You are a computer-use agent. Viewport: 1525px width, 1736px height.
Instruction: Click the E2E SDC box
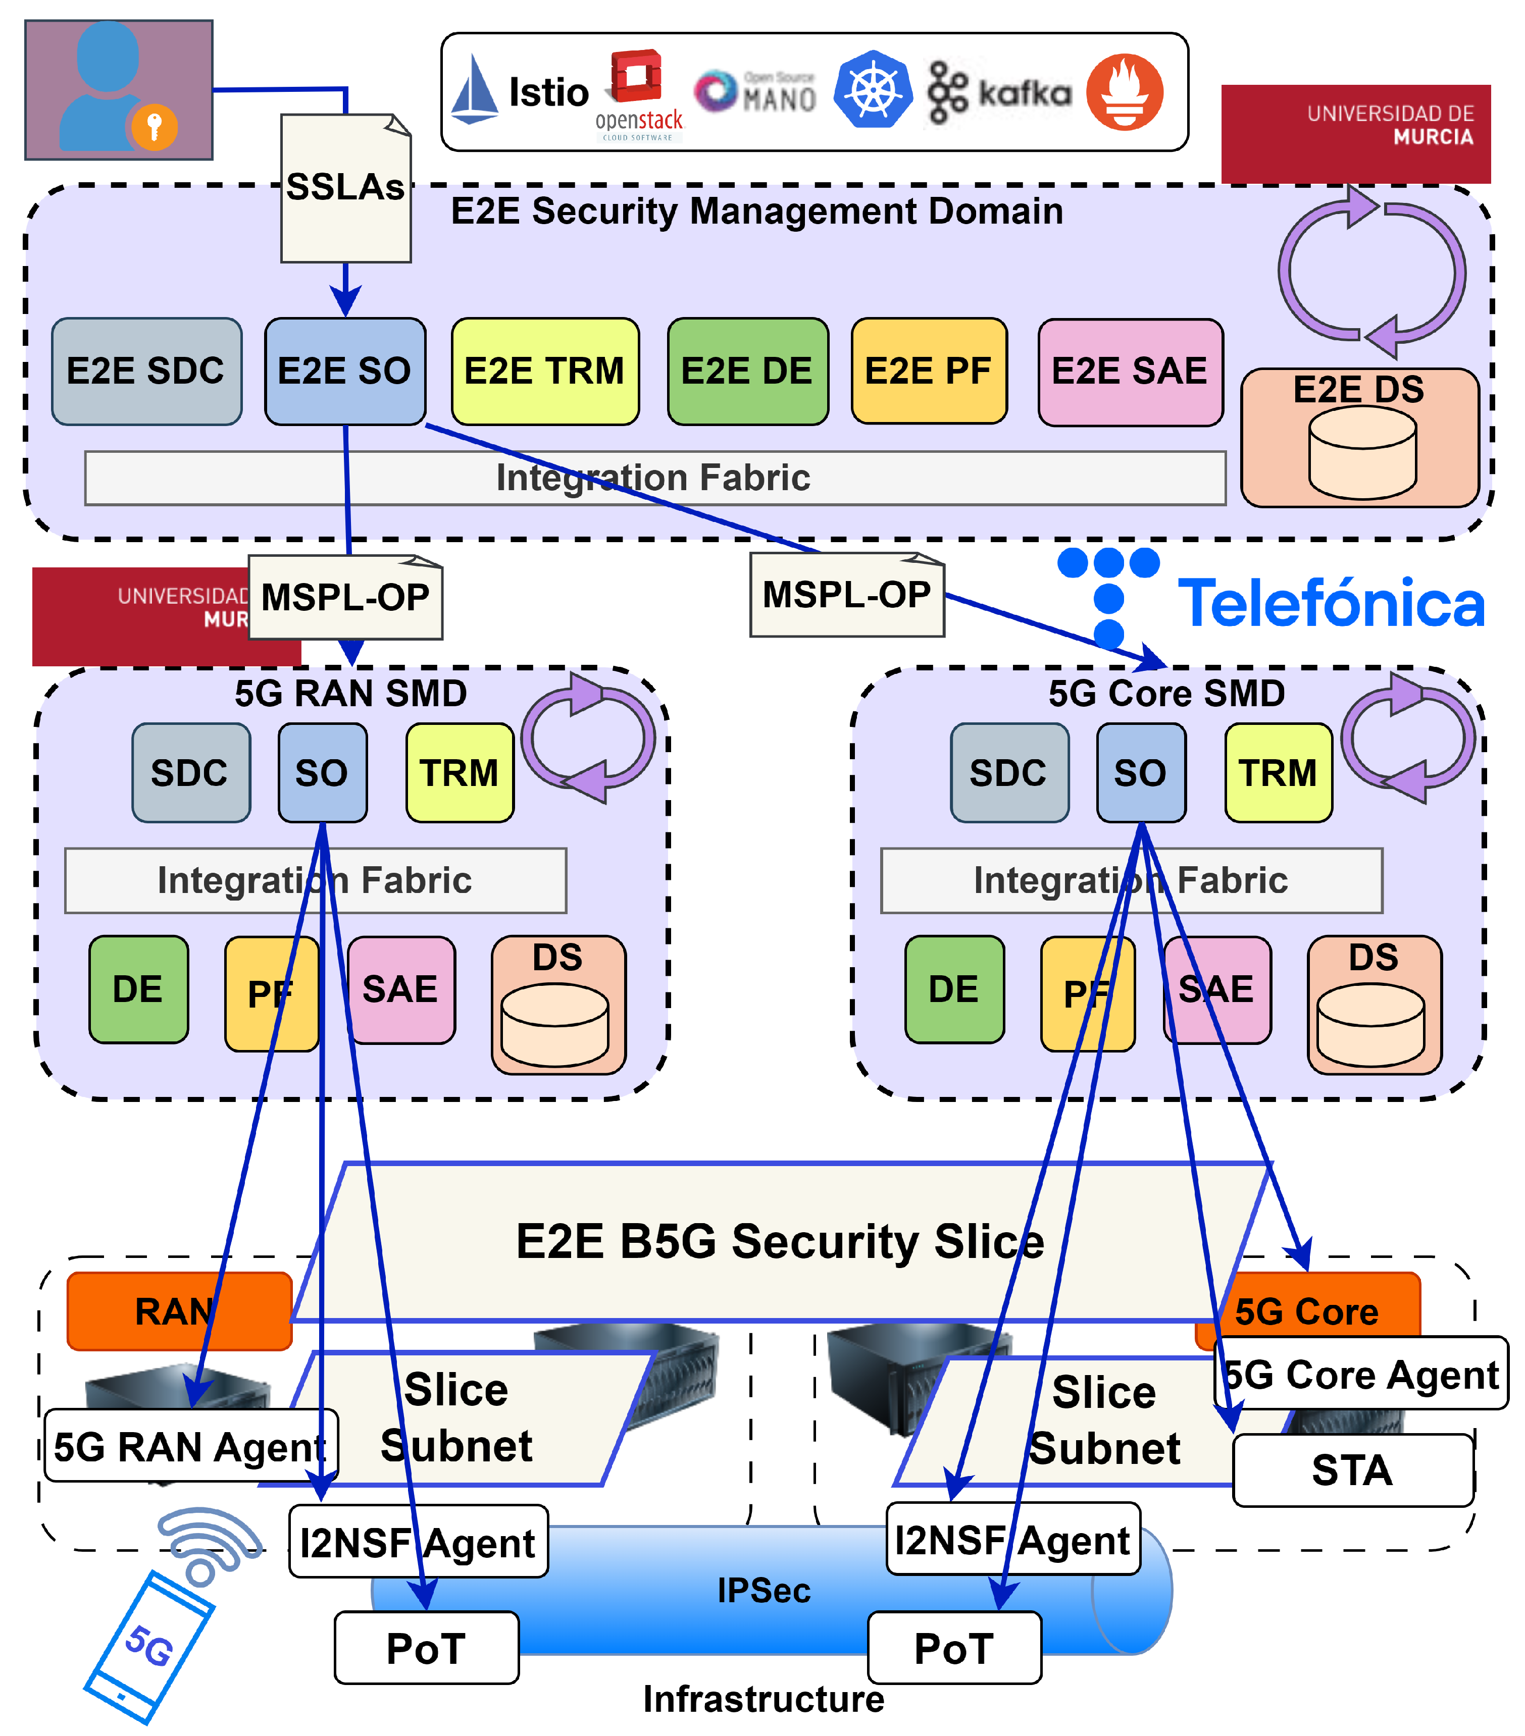[146, 371]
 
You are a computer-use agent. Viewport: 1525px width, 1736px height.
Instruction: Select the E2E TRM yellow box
[544, 371]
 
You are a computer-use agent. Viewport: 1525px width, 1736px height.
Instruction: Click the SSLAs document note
[346, 189]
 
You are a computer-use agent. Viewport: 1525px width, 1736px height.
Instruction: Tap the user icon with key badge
[118, 89]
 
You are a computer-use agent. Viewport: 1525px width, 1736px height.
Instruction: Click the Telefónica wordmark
[1331, 604]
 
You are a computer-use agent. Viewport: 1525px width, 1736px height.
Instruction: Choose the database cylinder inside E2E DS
[1362, 453]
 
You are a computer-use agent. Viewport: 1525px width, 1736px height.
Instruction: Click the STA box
[1352, 1470]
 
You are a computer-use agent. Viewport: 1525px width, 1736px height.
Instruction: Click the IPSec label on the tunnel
[764, 1591]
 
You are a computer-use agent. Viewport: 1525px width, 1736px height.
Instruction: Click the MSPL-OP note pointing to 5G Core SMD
[846, 595]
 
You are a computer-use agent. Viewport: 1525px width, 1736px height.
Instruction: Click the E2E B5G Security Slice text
[779, 1242]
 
